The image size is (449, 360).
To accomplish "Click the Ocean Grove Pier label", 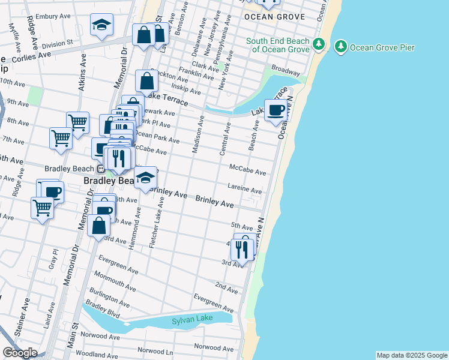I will (x=382, y=47).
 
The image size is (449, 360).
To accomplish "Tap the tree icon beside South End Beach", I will (x=319, y=44).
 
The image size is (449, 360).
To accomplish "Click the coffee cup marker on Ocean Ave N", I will (x=275, y=110).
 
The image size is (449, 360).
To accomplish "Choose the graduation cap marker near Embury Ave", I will (x=101, y=26).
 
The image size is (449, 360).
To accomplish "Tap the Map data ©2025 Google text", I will (x=412, y=355).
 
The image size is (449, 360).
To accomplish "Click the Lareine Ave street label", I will (x=246, y=190).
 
